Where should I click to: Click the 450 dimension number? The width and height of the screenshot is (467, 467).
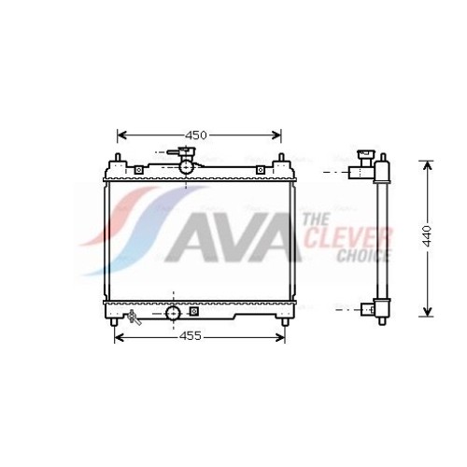coord(196,135)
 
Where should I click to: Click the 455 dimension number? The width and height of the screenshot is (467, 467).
coord(191,336)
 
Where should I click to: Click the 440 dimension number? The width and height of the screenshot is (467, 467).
coord(428,236)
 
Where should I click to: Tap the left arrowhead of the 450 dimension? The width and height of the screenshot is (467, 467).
coord(121,135)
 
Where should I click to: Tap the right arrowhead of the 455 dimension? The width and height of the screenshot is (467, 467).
coord(280,337)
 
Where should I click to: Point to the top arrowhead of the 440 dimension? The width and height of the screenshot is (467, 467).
coord(428,165)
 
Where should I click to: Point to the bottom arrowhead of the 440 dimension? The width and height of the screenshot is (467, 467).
coord(428,312)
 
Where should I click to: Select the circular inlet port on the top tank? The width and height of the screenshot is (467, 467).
coord(187,167)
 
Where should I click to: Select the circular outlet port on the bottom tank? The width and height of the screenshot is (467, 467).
coord(173,313)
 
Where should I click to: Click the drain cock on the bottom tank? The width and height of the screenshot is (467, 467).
coord(134,317)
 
